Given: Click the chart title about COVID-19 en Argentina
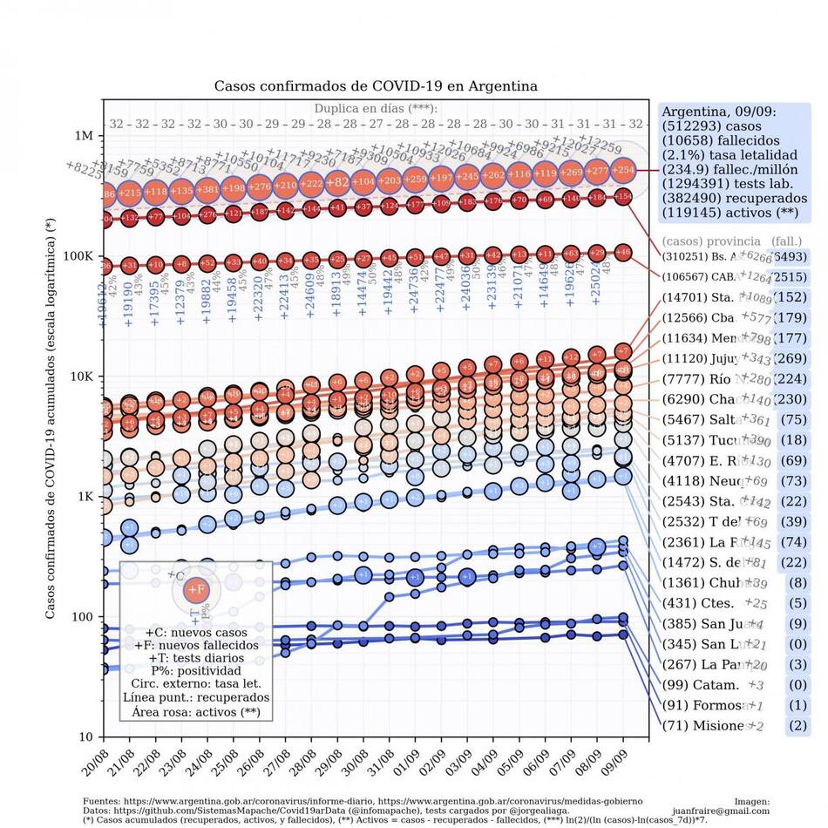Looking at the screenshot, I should tap(376, 86).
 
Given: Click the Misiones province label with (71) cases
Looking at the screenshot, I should tap(706, 726).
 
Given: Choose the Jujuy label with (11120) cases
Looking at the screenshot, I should tap(697, 359).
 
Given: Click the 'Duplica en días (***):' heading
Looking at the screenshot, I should tap(376, 109).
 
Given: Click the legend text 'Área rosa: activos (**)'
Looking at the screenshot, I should tap(195, 711).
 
